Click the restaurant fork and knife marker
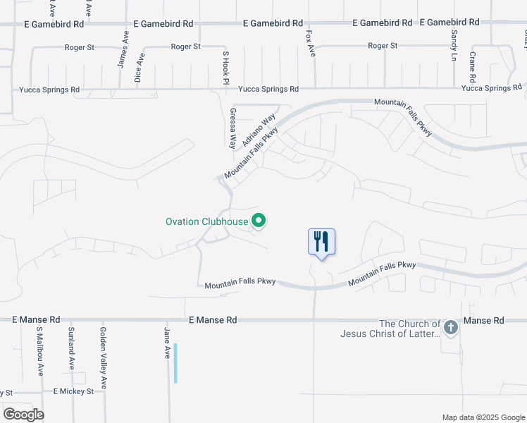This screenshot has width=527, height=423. click(321, 242)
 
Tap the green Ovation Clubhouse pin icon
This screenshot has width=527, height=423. click(259, 221)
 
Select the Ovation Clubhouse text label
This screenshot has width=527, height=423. click(206, 221)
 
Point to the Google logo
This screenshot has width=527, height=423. click(23, 415)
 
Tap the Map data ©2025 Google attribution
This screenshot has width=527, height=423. click(483, 417)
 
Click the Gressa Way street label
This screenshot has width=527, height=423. click(232, 128)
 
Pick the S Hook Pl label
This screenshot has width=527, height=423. click(226, 68)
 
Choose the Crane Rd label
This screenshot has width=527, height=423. click(473, 67)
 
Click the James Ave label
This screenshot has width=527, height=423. click(124, 49)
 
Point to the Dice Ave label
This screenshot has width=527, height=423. click(139, 68)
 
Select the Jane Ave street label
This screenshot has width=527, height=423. click(168, 343)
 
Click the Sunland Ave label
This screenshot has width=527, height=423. click(71, 348)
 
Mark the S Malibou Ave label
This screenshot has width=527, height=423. click(40, 350)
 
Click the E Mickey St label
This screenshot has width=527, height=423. click(73, 391)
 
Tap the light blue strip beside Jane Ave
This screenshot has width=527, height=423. click(175, 363)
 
